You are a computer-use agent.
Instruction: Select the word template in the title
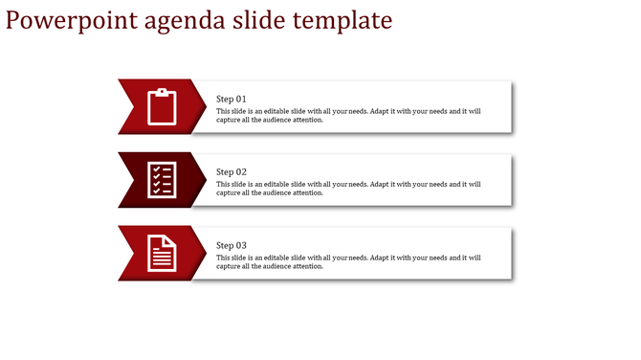[x=342, y=20]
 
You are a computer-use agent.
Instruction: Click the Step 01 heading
[x=232, y=99]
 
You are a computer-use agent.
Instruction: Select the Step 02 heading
[x=232, y=172]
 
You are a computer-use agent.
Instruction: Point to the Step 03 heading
[x=232, y=246]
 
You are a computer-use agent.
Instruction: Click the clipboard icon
[x=163, y=106]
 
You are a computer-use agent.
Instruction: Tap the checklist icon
[x=162, y=180]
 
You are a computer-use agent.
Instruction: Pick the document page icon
[x=163, y=254]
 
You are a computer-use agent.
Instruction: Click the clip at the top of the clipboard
[x=163, y=91]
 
